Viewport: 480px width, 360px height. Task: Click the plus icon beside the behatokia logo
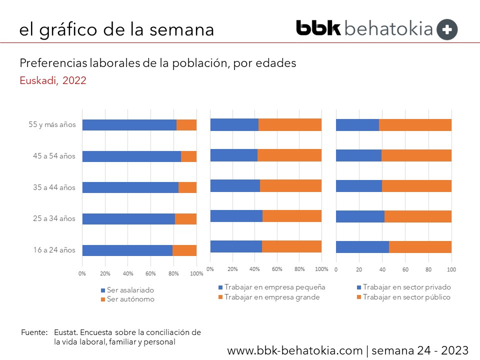point(447,29)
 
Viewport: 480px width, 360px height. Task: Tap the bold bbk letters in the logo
point(318,28)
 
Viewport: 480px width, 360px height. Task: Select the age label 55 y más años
point(52,124)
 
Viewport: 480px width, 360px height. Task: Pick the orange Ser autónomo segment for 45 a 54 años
point(188,156)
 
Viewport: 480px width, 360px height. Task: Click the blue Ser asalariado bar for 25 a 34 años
point(128,219)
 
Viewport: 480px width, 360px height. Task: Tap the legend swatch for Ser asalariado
point(103,290)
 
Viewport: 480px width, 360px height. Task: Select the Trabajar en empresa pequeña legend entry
point(274,287)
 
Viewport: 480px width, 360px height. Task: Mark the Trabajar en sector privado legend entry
point(406,287)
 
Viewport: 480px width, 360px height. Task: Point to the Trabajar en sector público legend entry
point(406,297)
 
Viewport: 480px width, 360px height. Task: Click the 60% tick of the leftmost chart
point(151,273)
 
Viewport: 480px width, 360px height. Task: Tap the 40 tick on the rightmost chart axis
point(382,269)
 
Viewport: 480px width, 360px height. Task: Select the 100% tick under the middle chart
point(321,269)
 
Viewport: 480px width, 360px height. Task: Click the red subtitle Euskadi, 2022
point(53,81)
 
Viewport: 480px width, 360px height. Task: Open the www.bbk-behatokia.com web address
point(294,350)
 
